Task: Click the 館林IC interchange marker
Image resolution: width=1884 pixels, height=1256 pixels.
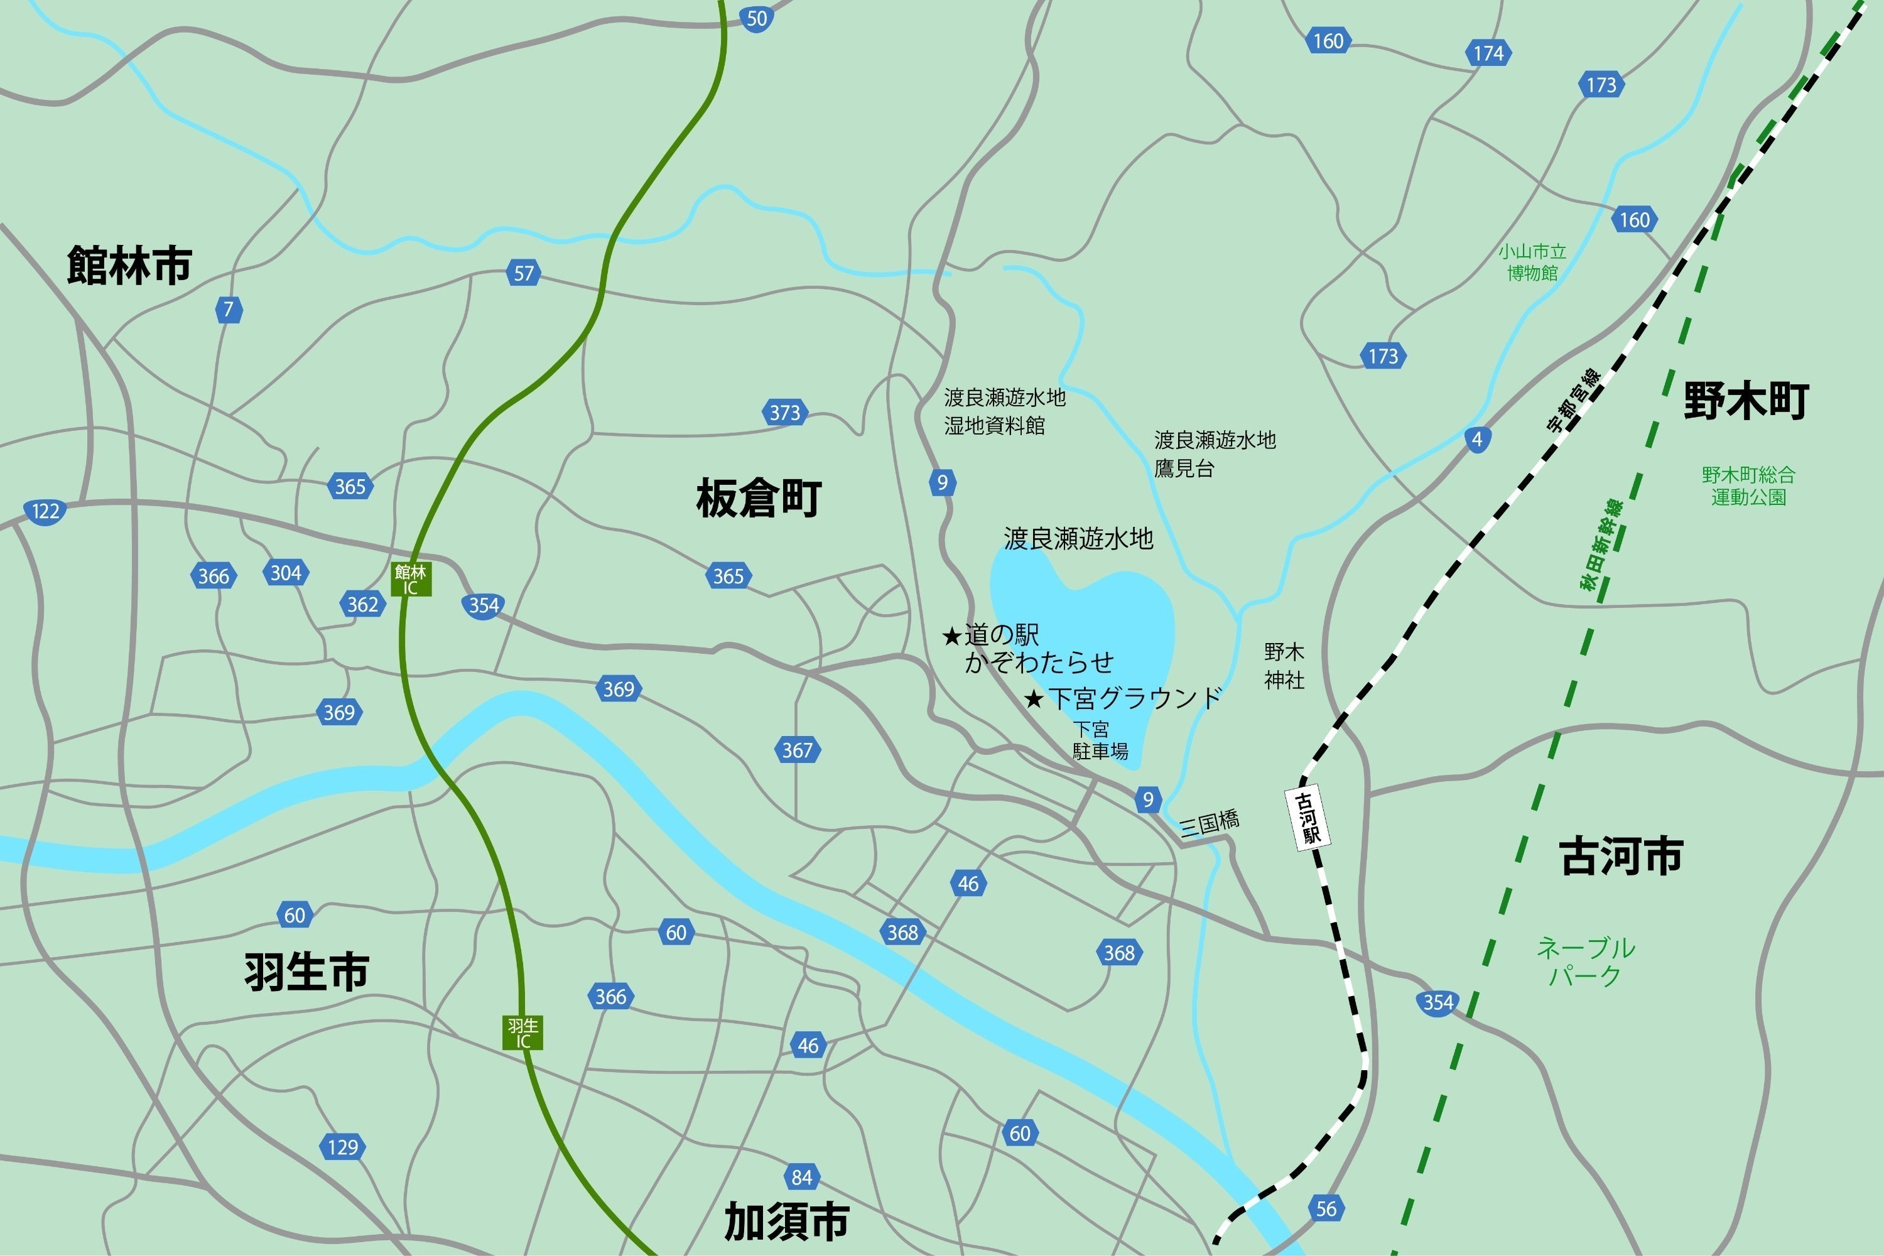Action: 411,579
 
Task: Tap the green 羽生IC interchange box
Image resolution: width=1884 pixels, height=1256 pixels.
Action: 523,1032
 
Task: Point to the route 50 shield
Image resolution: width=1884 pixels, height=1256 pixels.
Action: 756,18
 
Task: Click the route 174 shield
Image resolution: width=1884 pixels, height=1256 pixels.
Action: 1488,53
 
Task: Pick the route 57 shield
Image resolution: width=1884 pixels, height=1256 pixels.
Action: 524,273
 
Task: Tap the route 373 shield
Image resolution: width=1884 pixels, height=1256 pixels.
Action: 784,413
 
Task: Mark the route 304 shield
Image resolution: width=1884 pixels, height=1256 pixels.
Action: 286,573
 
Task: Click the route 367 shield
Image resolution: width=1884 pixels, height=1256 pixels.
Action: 797,750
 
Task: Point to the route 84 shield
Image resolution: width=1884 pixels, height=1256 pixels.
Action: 802,1177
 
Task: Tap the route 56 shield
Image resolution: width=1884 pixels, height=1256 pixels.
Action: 1326,1208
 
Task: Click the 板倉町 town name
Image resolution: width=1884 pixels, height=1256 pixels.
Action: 759,497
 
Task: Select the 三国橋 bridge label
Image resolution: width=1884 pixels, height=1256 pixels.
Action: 1210,823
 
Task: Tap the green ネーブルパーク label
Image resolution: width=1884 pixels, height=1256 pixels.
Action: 1585,961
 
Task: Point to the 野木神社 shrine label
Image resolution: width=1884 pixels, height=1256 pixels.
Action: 1284,666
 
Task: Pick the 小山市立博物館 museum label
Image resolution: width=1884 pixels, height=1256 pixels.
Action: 1532,262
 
